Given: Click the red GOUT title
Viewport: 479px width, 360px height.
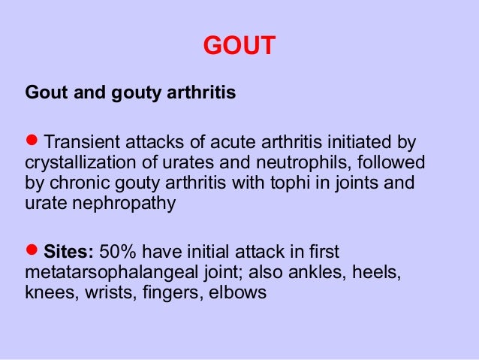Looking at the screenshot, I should click(x=239, y=47).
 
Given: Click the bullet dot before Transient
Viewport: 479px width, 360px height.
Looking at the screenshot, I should click(x=32, y=141).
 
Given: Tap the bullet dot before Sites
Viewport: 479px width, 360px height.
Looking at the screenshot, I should click(x=32, y=250).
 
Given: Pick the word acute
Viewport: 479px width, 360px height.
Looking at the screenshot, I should click(x=227, y=142).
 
